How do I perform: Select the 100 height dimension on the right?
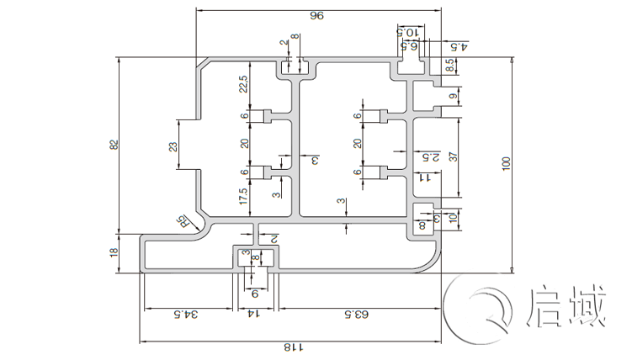pyautogui.click(x=505, y=164)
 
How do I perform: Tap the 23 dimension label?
pyautogui.click(x=173, y=146)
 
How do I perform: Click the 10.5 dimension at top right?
pyautogui.click(x=408, y=32)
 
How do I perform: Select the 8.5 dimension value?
pyautogui.click(x=450, y=62)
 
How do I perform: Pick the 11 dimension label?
pyautogui.click(x=425, y=177)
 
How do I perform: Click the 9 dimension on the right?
pyautogui.click(x=453, y=98)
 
